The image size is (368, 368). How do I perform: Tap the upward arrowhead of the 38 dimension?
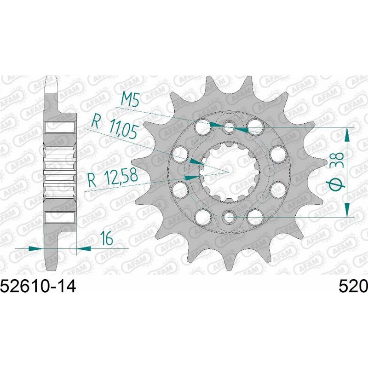coord(347,134)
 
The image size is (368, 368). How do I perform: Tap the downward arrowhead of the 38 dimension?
coord(347,209)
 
